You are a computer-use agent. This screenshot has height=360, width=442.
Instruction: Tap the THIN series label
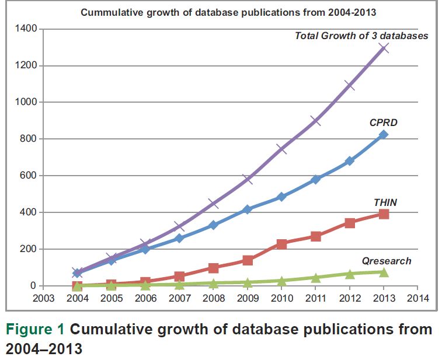pos(385,202)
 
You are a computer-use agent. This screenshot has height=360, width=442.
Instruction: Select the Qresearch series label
pos(387,261)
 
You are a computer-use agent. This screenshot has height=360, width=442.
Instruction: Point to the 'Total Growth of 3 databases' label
pos(361,36)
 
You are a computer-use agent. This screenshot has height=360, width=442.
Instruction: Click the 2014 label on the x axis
pos(417,298)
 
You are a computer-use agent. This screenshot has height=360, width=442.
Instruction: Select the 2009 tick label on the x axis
pos(247,298)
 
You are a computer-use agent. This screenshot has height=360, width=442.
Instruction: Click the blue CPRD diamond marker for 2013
pos(383,135)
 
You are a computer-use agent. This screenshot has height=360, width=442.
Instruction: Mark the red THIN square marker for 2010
pos(281,244)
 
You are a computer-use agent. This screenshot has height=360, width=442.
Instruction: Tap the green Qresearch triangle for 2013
pos(383,272)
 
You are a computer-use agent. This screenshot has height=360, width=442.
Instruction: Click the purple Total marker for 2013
pos(383,48)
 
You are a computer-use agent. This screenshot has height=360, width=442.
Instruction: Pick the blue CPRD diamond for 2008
pos(213,225)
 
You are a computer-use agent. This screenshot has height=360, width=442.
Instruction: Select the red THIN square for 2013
pos(383,214)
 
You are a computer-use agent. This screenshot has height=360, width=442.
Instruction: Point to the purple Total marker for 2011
pos(315,120)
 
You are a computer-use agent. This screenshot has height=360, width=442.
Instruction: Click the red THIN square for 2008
pos(213,268)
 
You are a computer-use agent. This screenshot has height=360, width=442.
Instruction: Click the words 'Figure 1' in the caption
pos(36,330)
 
